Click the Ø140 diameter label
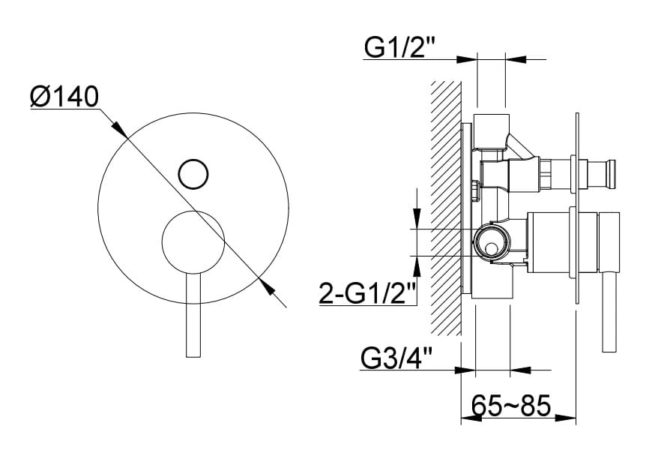click(64, 97)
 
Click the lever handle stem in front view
click(193, 315)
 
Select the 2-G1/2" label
click(368, 293)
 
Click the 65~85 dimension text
click(511, 406)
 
